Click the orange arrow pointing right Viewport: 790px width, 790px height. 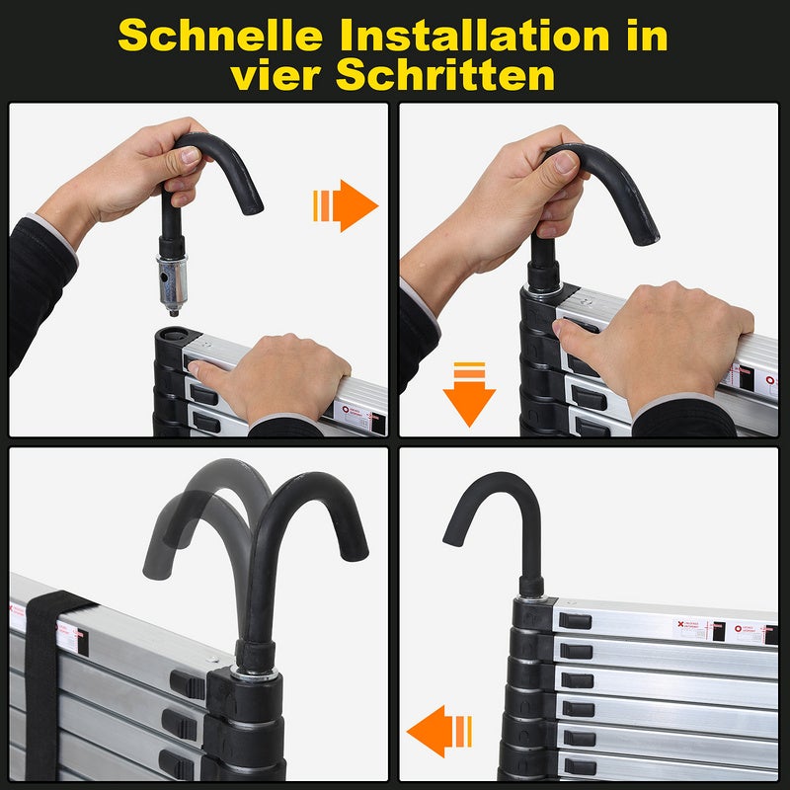(x=347, y=205)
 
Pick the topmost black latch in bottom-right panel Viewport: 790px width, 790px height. (x=574, y=621)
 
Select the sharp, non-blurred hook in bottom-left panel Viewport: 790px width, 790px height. (x=296, y=553)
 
